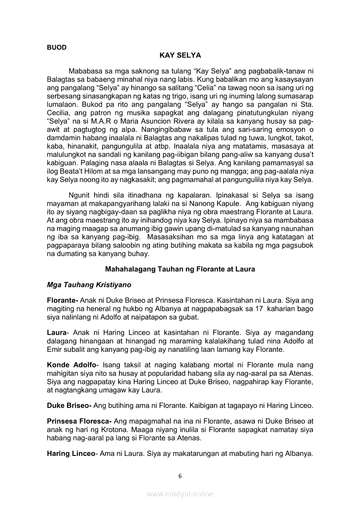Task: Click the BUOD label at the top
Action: [57, 47]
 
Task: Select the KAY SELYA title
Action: [180, 56]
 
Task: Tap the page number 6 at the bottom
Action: [180, 475]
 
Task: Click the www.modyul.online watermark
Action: [180, 494]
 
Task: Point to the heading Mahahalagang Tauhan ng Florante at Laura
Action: [180, 270]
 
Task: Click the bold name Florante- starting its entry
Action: [62, 300]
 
